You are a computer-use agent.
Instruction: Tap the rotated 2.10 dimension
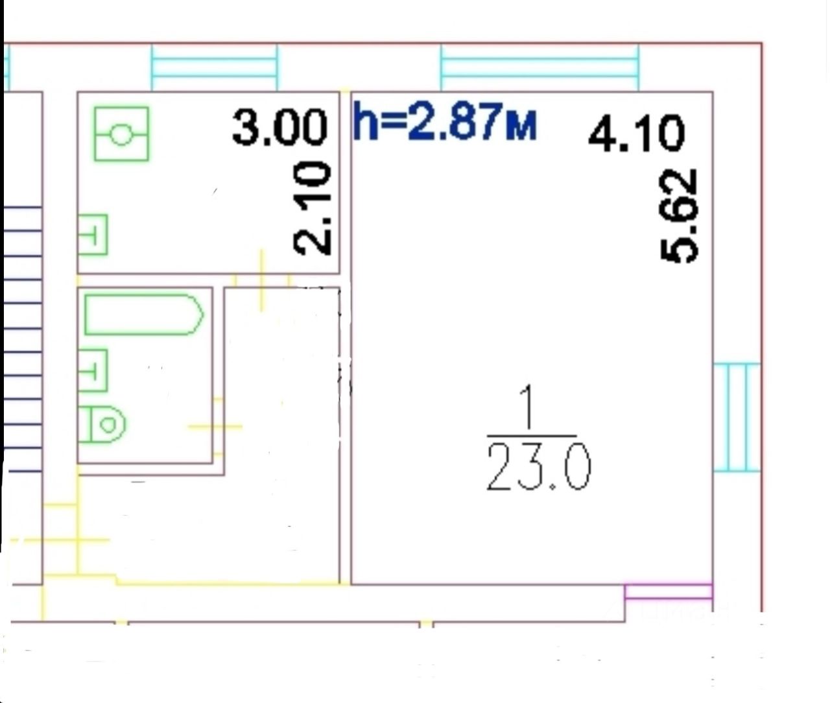click(x=313, y=209)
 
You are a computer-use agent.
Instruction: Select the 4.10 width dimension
click(x=636, y=134)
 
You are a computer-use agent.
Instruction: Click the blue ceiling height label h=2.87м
click(x=445, y=123)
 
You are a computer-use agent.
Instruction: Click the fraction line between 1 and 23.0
click(x=530, y=436)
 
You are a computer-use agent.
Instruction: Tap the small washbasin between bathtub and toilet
click(x=93, y=370)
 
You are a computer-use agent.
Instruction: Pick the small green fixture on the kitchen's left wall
click(x=93, y=235)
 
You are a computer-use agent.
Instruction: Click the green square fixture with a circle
click(x=121, y=134)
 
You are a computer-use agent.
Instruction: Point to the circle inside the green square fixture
click(x=121, y=135)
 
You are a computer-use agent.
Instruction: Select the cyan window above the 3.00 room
click(x=214, y=67)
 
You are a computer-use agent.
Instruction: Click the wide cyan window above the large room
click(x=539, y=67)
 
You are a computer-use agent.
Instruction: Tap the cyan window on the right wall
click(x=736, y=417)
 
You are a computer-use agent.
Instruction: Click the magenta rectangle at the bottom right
click(x=668, y=592)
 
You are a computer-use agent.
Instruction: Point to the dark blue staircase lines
click(x=23, y=337)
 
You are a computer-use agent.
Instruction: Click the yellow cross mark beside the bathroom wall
click(x=215, y=426)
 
